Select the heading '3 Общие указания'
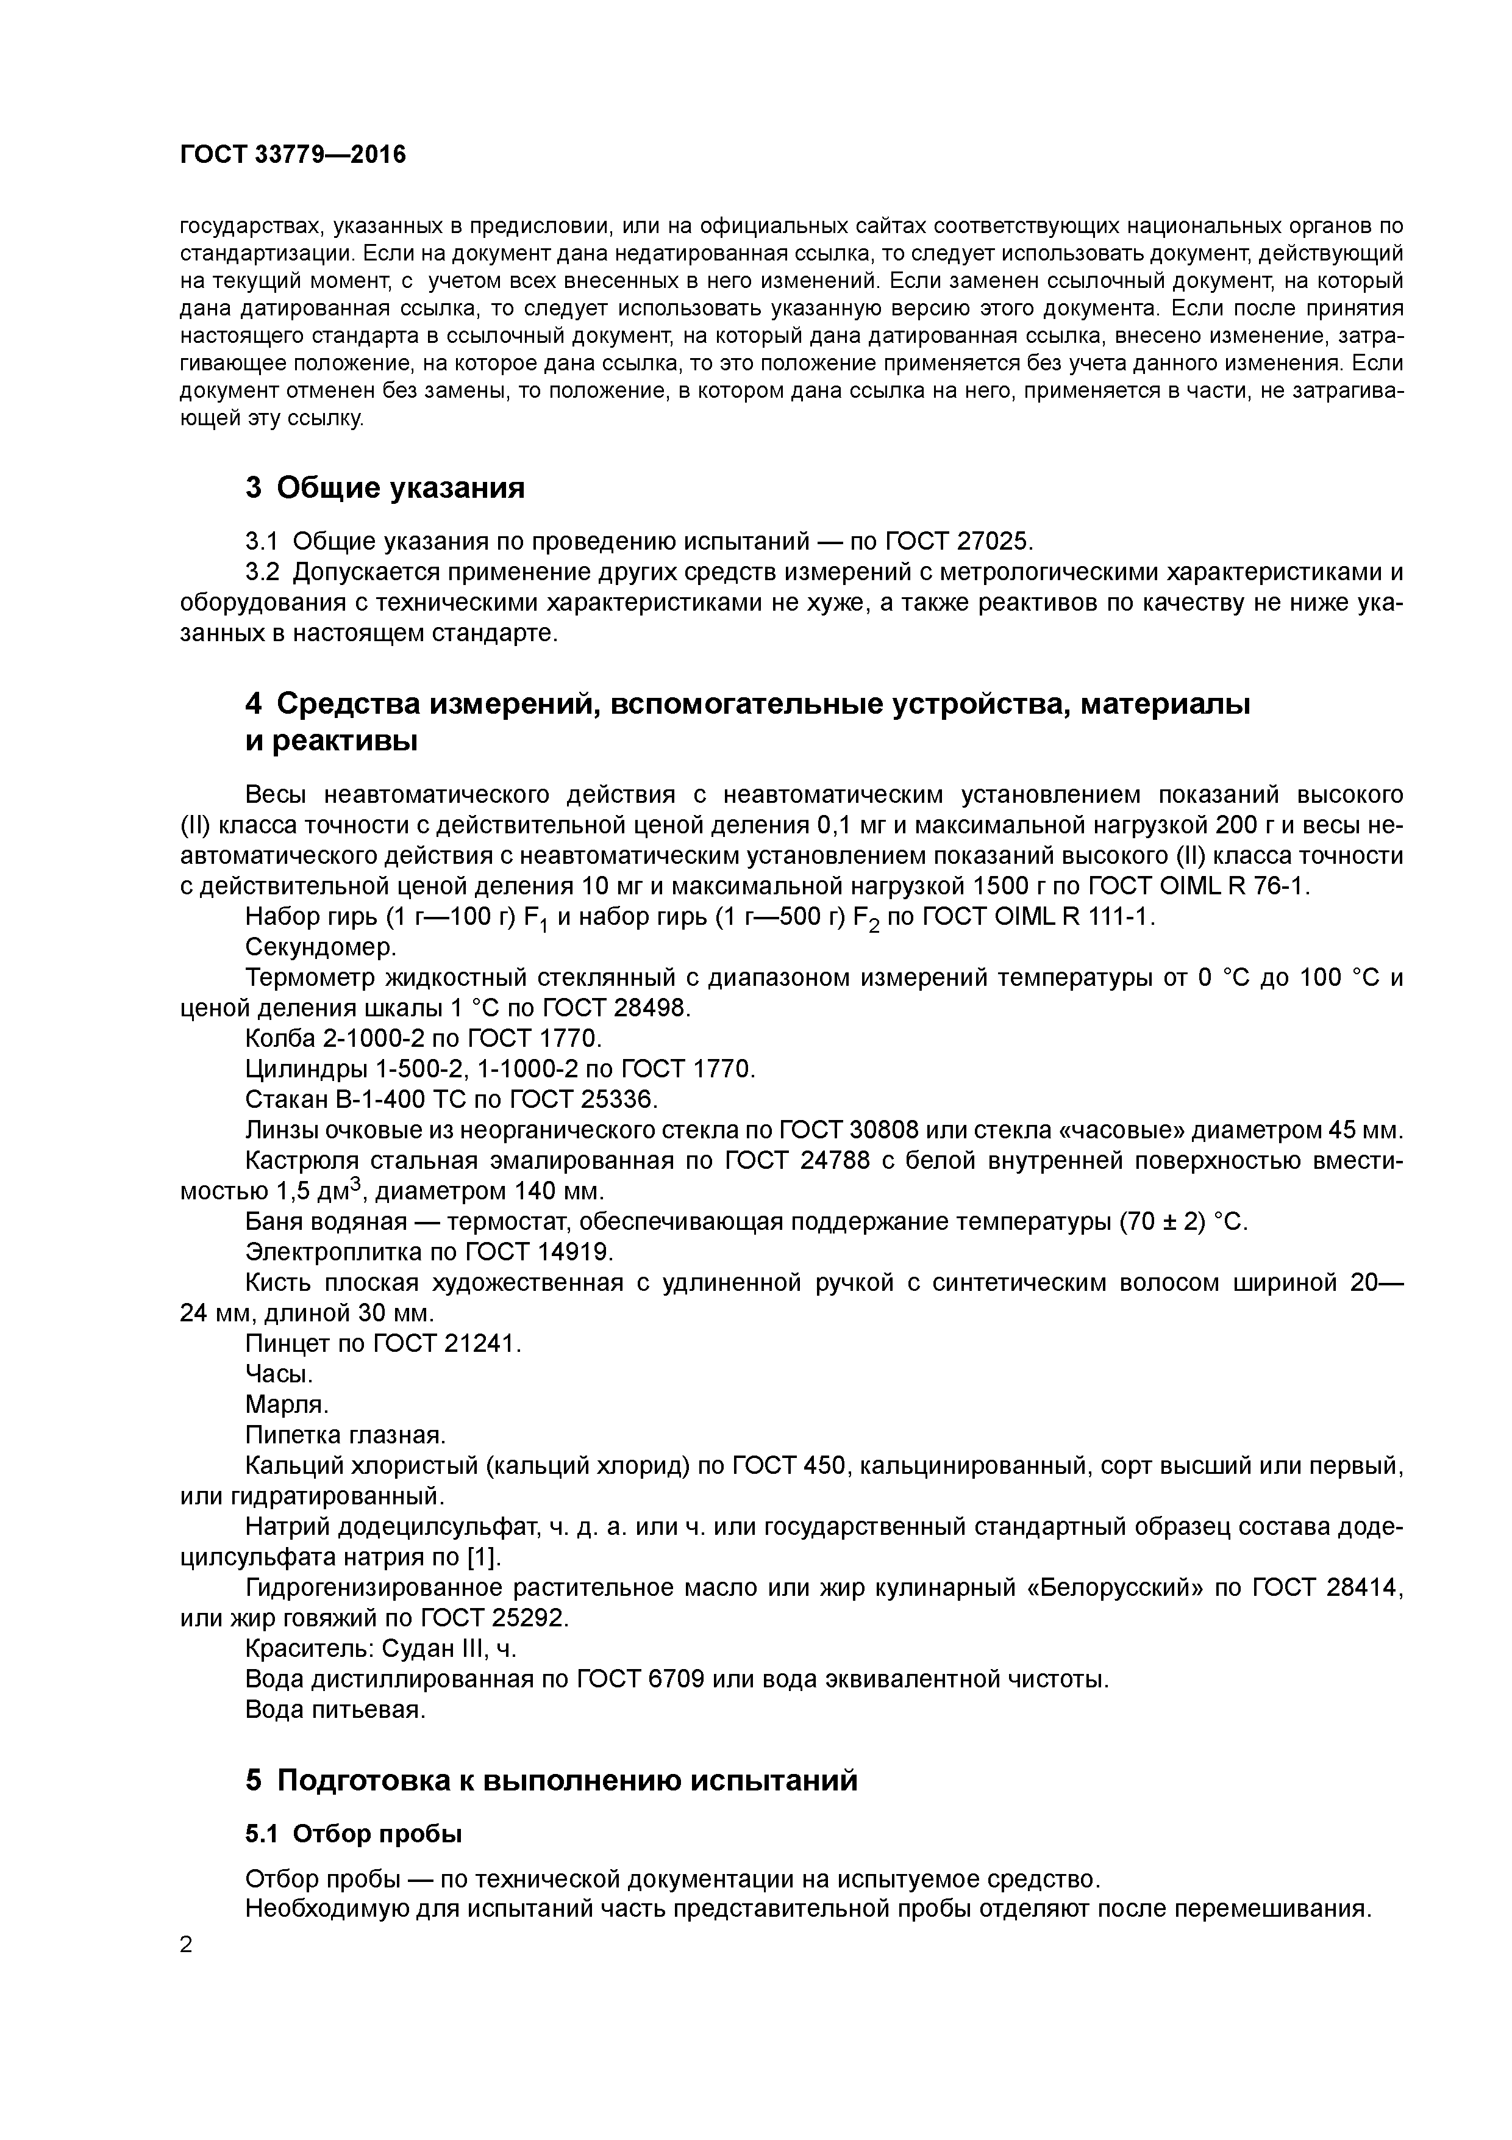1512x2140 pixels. click(x=385, y=487)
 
